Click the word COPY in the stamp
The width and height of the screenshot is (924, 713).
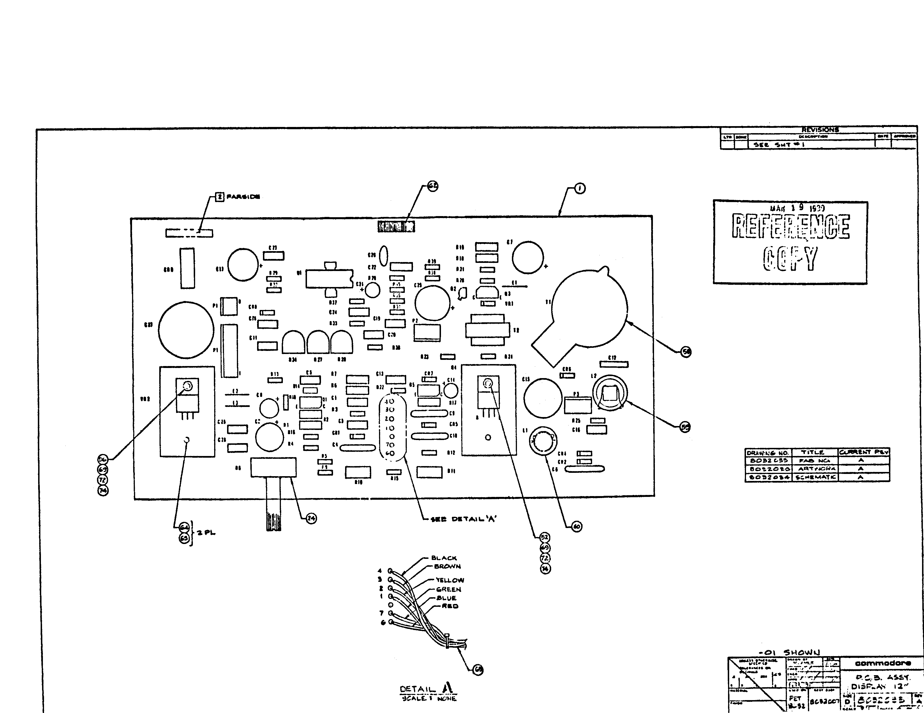[x=790, y=259]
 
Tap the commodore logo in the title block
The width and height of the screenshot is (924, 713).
[x=883, y=663]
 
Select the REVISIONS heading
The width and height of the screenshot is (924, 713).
[x=820, y=130]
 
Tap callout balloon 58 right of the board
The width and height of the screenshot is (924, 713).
[x=686, y=352]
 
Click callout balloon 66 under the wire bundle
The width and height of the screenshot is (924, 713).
[x=478, y=670]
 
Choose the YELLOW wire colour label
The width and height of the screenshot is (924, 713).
[x=450, y=580]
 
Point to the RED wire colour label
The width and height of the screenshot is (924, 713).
[x=450, y=606]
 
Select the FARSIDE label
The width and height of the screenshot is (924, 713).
[x=243, y=197]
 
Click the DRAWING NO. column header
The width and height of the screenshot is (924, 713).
[x=767, y=453]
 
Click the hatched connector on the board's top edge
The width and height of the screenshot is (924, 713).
[x=396, y=227]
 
